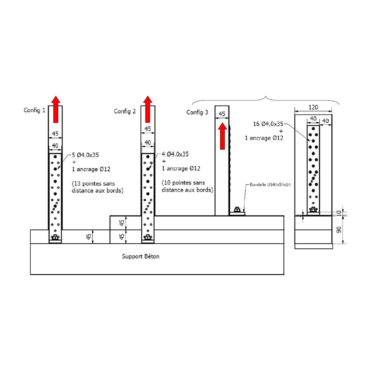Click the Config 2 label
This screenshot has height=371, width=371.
click(125, 111)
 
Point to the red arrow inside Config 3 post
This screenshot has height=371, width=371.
click(222, 135)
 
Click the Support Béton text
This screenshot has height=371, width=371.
click(141, 256)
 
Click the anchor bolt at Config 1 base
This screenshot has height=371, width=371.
click(55, 239)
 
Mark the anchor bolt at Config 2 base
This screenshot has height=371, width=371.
click(147, 239)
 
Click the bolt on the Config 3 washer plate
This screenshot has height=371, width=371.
click(237, 210)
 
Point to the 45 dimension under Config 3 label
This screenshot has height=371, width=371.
click(222, 114)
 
